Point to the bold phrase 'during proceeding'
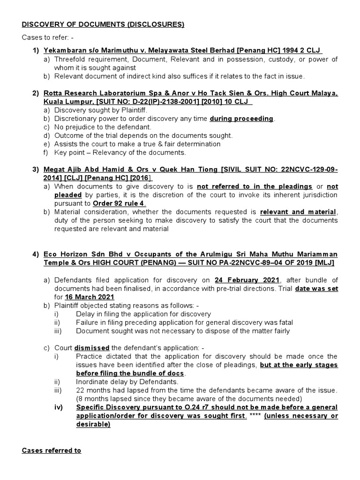(x=241, y=119)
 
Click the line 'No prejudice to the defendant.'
(x=103, y=127)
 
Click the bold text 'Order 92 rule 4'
(x=119, y=203)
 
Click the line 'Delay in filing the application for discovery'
(x=143, y=314)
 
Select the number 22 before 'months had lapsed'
(x=80, y=390)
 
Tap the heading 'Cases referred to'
(x=52, y=450)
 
